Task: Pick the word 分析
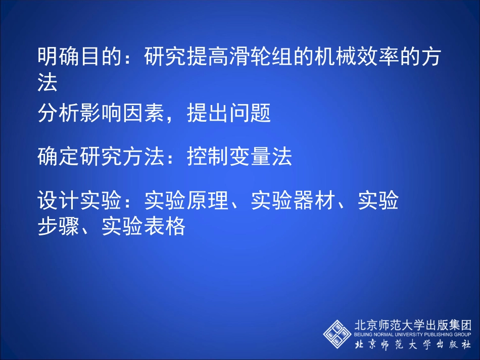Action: (58, 114)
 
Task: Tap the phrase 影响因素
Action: (122, 114)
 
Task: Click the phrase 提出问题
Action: (229, 114)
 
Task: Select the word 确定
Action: (58, 158)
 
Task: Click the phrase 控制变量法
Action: (239, 158)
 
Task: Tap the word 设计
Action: (58, 201)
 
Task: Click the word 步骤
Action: (58, 227)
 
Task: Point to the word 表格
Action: (165, 227)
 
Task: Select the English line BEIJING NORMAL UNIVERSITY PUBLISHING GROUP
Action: (412, 334)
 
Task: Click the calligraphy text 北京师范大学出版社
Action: (412, 344)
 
